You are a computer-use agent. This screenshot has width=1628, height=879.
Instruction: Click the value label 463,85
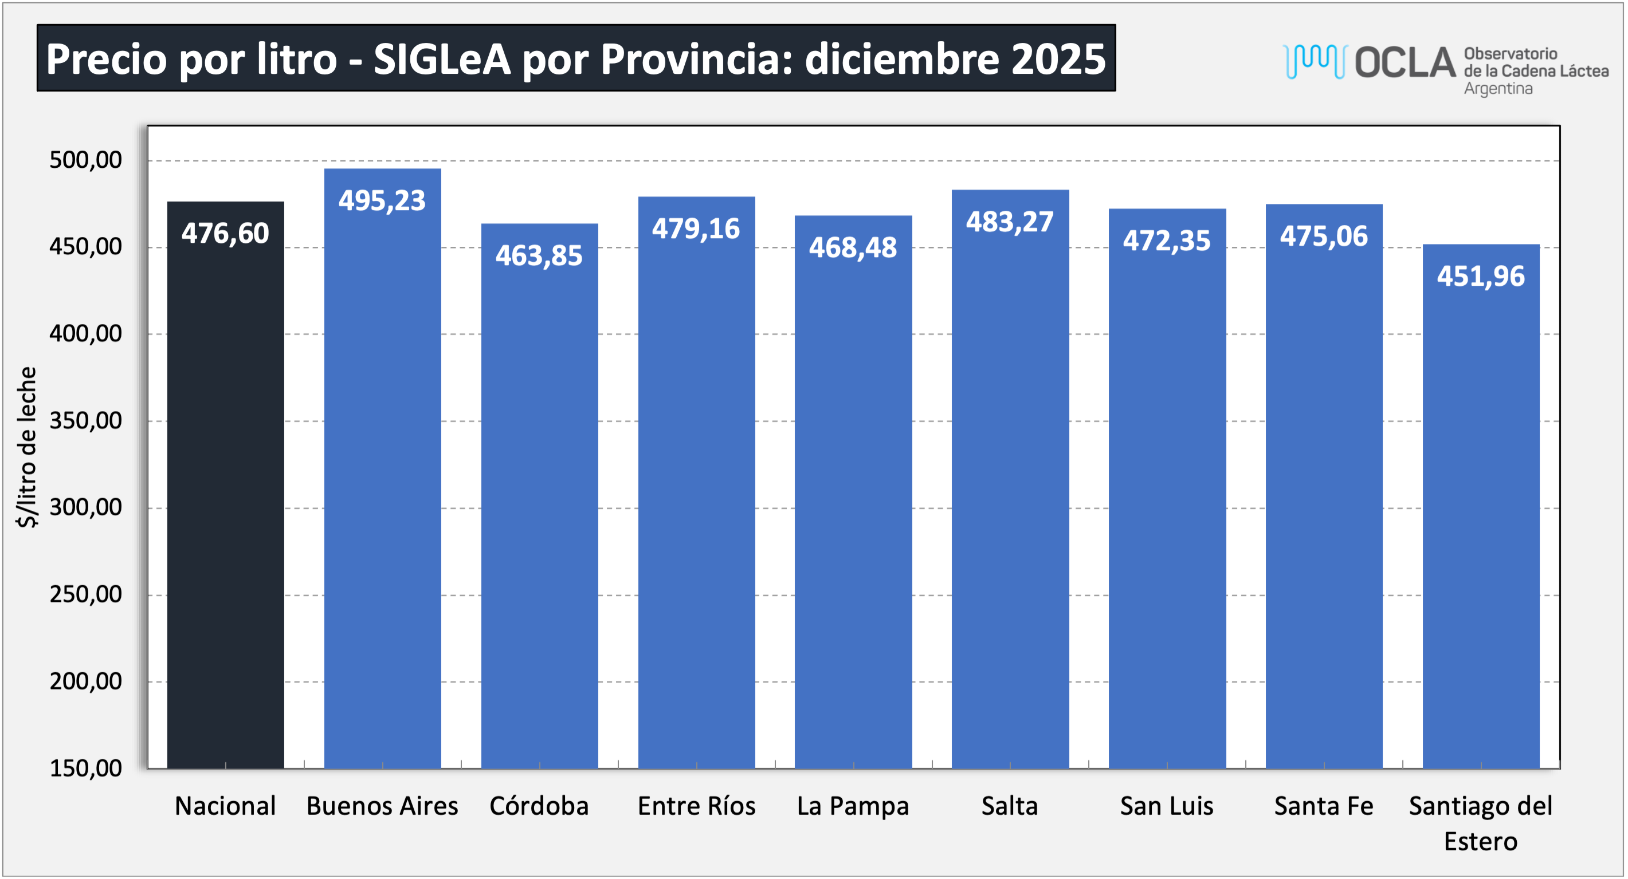(539, 256)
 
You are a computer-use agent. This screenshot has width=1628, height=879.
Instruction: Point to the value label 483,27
(1010, 222)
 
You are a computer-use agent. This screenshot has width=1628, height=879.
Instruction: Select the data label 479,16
(696, 228)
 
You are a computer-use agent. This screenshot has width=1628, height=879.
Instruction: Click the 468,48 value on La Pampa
(853, 247)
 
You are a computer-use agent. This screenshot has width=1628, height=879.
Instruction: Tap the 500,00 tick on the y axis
(86, 160)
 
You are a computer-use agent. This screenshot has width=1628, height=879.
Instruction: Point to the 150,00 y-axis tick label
(86, 768)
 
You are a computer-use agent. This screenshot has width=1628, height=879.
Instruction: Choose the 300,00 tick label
(86, 507)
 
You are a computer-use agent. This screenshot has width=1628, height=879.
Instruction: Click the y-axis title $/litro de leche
(27, 447)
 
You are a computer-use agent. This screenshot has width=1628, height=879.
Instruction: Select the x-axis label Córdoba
(539, 806)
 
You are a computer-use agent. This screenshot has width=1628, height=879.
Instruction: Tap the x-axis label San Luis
(1167, 806)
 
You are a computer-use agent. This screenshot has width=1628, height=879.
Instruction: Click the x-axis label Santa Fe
(1323, 806)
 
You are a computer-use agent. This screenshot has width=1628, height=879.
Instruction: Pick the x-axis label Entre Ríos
(696, 806)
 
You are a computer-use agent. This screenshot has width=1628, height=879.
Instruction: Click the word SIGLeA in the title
(442, 60)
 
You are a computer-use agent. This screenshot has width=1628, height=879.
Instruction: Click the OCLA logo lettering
(1405, 62)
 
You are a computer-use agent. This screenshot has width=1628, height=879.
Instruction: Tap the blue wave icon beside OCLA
(1315, 61)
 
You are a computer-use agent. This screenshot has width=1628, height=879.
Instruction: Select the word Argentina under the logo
(1498, 89)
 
